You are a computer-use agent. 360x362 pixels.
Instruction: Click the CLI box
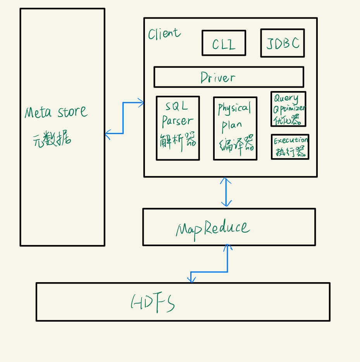click(x=224, y=43)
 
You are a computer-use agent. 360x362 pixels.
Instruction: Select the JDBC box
click(x=282, y=43)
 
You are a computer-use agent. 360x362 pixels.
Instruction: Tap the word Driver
click(x=218, y=78)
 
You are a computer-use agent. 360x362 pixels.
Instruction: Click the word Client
click(x=164, y=34)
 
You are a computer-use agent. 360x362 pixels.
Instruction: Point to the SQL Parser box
click(x=178, y=128)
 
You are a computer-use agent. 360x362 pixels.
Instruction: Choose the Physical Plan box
click(x=235, y=128)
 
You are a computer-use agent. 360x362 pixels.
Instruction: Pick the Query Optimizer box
click(x=288, y=109)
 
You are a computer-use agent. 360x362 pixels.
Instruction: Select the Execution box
click(x=290, y=147)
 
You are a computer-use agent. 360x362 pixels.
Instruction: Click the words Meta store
click(x=56, y=112)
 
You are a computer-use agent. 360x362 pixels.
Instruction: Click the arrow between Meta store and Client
click(x=123, y=118)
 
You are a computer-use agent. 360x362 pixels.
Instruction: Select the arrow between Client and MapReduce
click(x=226, y=192)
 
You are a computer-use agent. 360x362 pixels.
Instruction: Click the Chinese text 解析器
click(x=178, y=141)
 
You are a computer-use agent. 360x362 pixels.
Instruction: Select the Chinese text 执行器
click(x=290, y=152)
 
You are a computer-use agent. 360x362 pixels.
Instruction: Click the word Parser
click(x=177, y=121)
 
